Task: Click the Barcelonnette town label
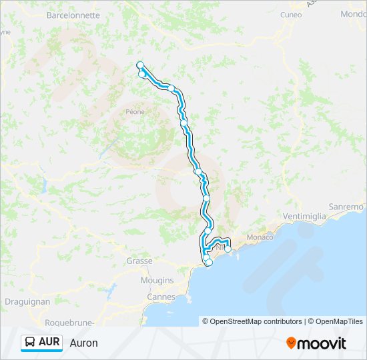pyautogui.click(x=73, y=15)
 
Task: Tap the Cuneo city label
pyautogui.click(x=290, y=14)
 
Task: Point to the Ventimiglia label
pyautogui.click(x=304, y=216)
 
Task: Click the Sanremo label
pyautogui.click(x=349, y=207)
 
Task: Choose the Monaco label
pyautogui.click(x=260, y=237)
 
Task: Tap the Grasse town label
pyautogui.click(x=139, y=261)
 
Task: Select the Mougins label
pyautogui.click(x=157, y=281)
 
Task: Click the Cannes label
pyautogui.click(x=161, y=297)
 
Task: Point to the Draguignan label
pyautogui.click(x=27, y=301)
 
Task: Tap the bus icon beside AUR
pyautogui.click(x=30, y=343)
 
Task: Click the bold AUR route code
pyautogui.click(x=49, y=343)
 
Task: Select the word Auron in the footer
pyautogui.click(x=83, y=343)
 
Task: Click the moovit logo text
pyautogui.click(x=322, y=343)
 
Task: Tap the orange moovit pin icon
pyautogui.click(x=291, y=343)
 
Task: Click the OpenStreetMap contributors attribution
pyautogui.click(x=256, y=321)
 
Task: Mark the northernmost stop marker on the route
pyautogui.click(x=140, y=65)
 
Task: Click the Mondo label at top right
pyautogui.click(x=353, y=14)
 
